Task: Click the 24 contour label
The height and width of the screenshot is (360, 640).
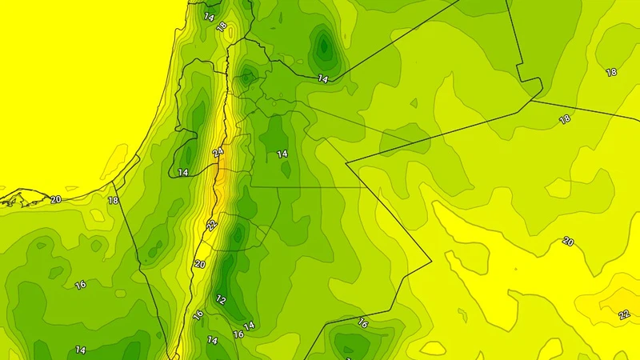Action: click(x=218, y=152)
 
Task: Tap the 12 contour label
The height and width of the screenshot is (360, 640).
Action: click(x=221, y=300)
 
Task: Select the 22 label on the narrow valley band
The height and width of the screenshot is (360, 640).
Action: click(x=210, y=226)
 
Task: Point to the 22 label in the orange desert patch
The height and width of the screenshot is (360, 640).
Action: click(x=624, y=314)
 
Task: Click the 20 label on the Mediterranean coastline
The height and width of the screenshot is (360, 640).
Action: click(x=56, y=199)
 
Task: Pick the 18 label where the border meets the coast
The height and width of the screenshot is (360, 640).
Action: click(x=113, y=200)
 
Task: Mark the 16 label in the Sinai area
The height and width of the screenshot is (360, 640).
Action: click(x=81, y=284)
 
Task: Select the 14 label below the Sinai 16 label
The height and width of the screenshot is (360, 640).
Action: click(x=81, y=350)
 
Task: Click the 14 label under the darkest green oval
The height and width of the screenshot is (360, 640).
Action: click(x=322, y=78)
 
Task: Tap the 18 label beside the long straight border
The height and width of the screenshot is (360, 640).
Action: click(x=565, y=119)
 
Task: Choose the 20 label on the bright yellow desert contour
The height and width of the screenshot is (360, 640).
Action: click(x=568, y=241)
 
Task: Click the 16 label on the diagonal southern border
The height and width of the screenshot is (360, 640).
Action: click(x=362, y=323)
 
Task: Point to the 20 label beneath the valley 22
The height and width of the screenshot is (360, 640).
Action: click(x=199, y=264)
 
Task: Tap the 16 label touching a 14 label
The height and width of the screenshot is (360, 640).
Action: click(x=238, y=334)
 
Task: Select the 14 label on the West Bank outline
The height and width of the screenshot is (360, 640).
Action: click(x=183, y=172)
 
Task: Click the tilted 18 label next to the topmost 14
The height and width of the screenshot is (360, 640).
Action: click(x=222, y=26)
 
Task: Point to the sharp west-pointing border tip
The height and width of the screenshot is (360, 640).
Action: click(x=347, y=163)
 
